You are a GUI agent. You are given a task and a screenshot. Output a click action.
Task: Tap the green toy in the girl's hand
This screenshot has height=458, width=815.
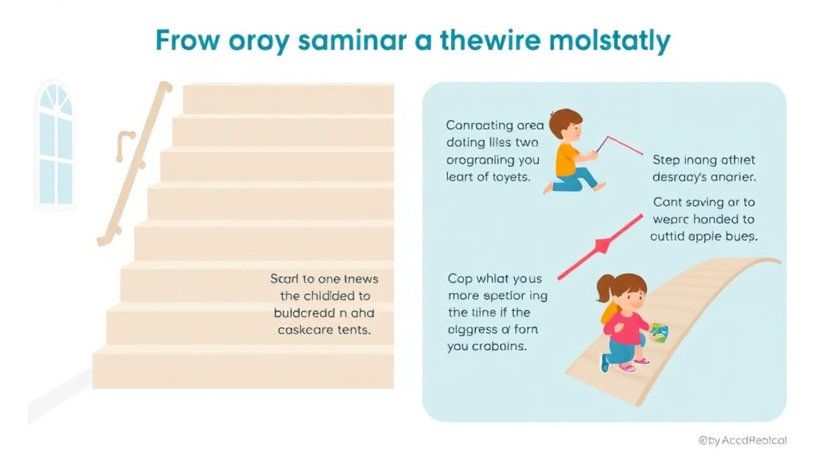pos(659,332)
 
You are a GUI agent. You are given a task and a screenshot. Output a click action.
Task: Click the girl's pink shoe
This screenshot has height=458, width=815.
pos(627,367)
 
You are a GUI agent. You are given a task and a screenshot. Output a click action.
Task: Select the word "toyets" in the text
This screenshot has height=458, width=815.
pos(509,177)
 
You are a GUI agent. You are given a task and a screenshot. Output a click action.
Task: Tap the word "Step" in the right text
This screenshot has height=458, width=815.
pos(666,160)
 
